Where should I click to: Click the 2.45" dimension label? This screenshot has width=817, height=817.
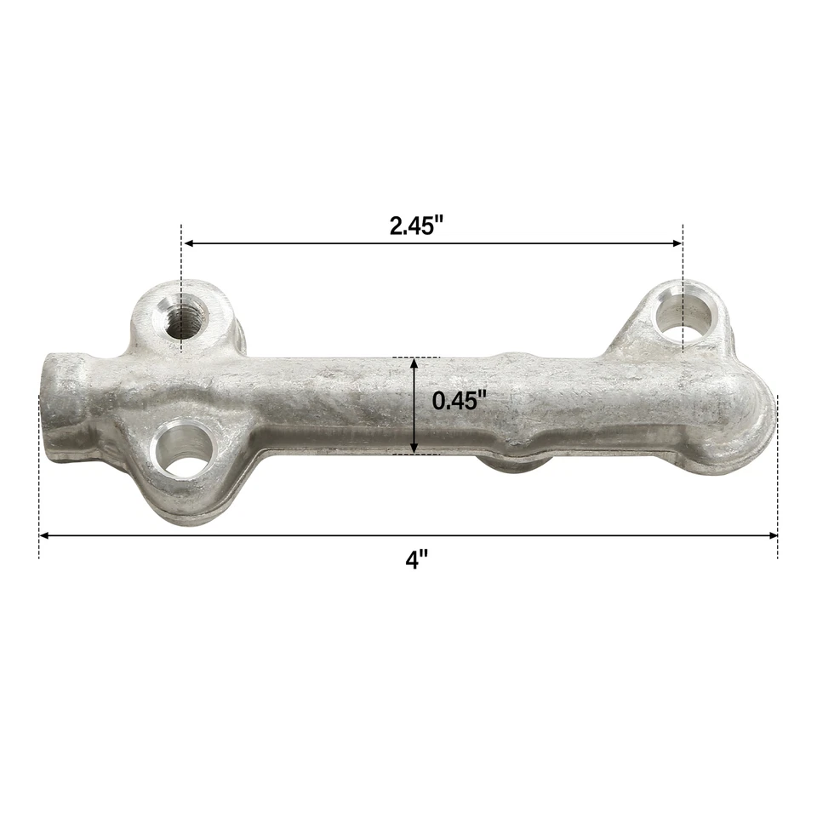point(417,226)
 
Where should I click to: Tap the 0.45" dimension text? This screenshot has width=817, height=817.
point(460,400)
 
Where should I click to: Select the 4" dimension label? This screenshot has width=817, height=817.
point(416,560)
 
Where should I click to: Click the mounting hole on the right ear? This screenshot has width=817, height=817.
point(683,316)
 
